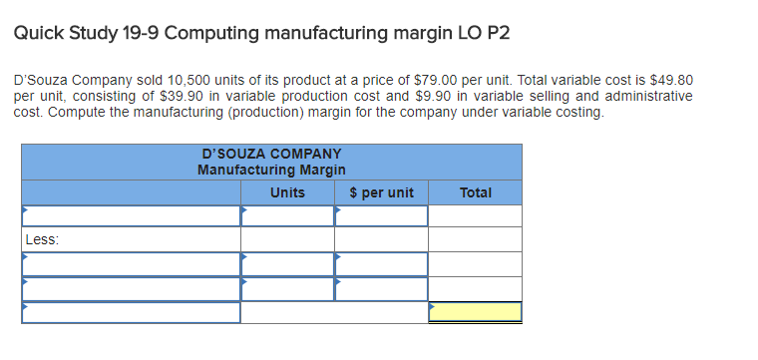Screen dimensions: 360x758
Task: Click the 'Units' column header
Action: (287, 191)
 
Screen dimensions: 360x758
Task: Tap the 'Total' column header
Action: (475, 191)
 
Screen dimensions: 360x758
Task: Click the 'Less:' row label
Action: (44, 239)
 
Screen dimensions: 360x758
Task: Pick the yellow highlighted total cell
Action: (475, 312)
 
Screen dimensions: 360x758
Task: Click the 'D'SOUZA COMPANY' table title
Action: (271, 155)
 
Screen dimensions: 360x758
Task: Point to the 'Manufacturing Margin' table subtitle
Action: (271, 171)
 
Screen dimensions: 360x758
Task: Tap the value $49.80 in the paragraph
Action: (671, 79)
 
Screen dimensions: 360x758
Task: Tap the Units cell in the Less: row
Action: (287, 239)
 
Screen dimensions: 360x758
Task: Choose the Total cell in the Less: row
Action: (475, 239)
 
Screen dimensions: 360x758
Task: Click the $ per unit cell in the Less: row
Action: (381, 239)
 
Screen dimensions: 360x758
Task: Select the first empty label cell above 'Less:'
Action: (131, 216)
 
